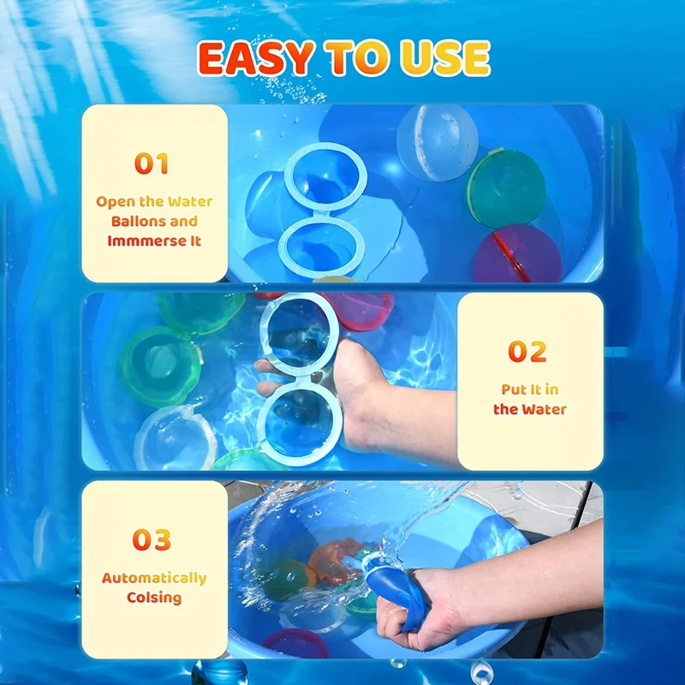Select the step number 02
click(527, 351)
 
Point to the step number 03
click(152, 539)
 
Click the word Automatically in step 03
click(154, 578)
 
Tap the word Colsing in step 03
click(154, 597)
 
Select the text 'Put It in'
click(530, 390)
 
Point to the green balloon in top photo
click(506, 188)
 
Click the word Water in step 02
click(545, 409)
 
